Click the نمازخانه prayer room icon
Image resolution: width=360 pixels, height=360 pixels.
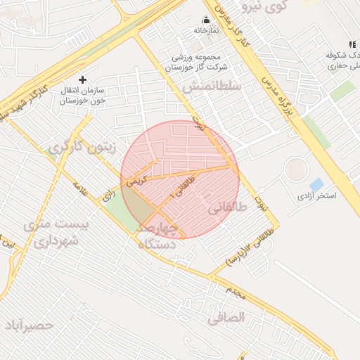click(206, 20)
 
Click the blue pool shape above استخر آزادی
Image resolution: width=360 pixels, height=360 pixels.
click(316, 185)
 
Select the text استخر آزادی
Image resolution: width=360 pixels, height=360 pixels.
click(316, 195)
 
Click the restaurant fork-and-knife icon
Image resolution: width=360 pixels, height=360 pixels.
click(352, 45)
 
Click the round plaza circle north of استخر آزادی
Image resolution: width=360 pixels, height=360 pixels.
click(296, 169)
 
